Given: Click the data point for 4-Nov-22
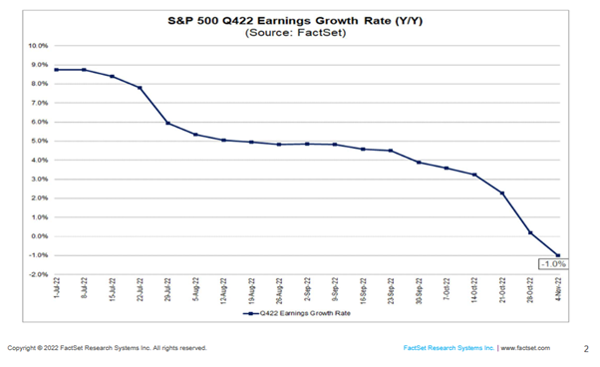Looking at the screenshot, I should [559, 255].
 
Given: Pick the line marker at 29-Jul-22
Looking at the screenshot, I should [167, 123].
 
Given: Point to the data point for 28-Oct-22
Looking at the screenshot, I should [531, 232].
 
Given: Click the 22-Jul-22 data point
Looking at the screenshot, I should [140, 88].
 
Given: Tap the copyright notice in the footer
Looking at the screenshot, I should [107, 348].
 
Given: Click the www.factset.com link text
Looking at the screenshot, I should [520, 348].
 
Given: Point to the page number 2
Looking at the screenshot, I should [584, 348].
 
